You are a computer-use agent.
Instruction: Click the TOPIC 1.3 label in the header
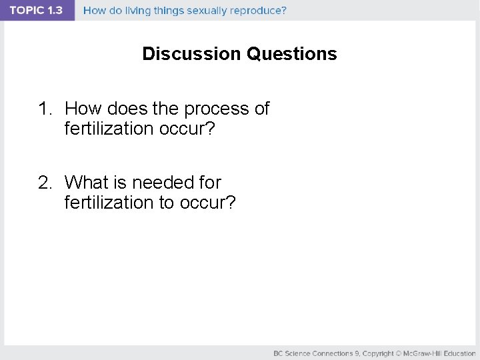click(36, 11)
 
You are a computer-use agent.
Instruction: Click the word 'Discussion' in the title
click(192, 54)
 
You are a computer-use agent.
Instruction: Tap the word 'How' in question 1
click(81, 109)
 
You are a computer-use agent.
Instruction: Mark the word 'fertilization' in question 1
click(109, 129)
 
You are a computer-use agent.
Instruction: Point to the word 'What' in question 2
click(86, 182)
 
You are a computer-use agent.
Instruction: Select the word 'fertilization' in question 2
click(109, 202)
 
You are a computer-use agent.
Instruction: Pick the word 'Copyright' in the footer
click(378, 353)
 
